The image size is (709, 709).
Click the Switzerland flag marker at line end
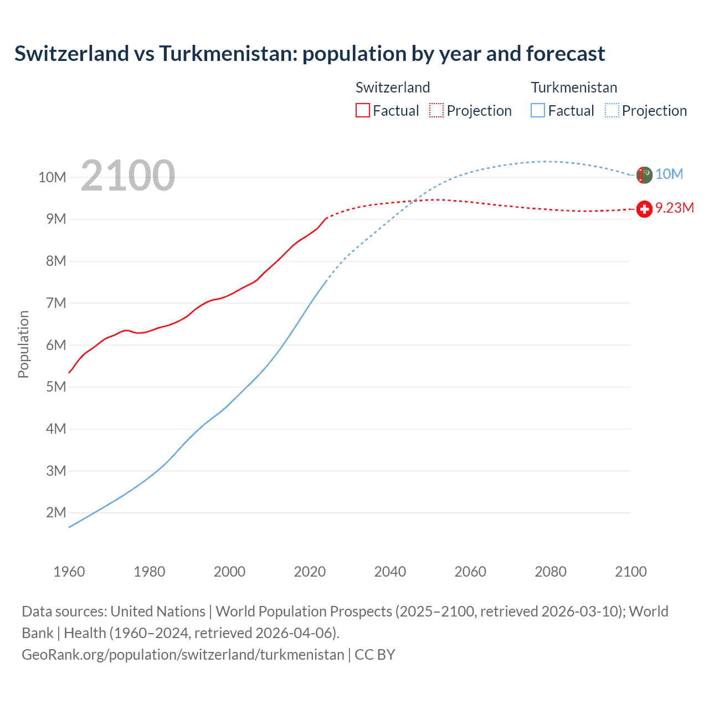(644, 209)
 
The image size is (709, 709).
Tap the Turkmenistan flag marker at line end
(644, 174)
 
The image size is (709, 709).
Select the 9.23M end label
(674, 208)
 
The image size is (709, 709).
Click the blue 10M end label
(669, 174)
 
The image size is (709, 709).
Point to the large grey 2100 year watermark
(128, 176)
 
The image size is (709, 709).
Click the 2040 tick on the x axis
(390, 572)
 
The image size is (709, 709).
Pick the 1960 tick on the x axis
(69, 572)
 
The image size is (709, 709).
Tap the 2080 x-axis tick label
(550, 572)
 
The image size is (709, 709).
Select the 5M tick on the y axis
(56, 387)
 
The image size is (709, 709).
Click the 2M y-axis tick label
(56, 513)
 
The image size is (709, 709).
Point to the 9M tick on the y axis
(56, 219)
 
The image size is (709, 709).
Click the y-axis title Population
(23, 344)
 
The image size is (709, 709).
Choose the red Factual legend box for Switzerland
(362, 111)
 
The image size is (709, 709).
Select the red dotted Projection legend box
(436, 111)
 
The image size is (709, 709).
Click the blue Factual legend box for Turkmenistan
(538, 111)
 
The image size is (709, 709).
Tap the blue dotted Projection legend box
(612, 111)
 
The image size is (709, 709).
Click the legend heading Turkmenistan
(574, 88)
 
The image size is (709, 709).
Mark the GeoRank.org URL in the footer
(183, 655)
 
